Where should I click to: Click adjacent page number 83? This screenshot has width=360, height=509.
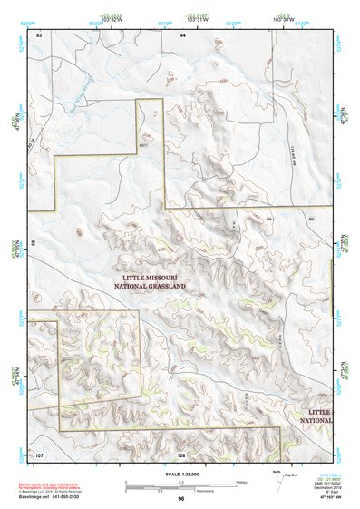tap(39, 34)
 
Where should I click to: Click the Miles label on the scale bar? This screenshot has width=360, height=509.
tap(240, 482)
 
